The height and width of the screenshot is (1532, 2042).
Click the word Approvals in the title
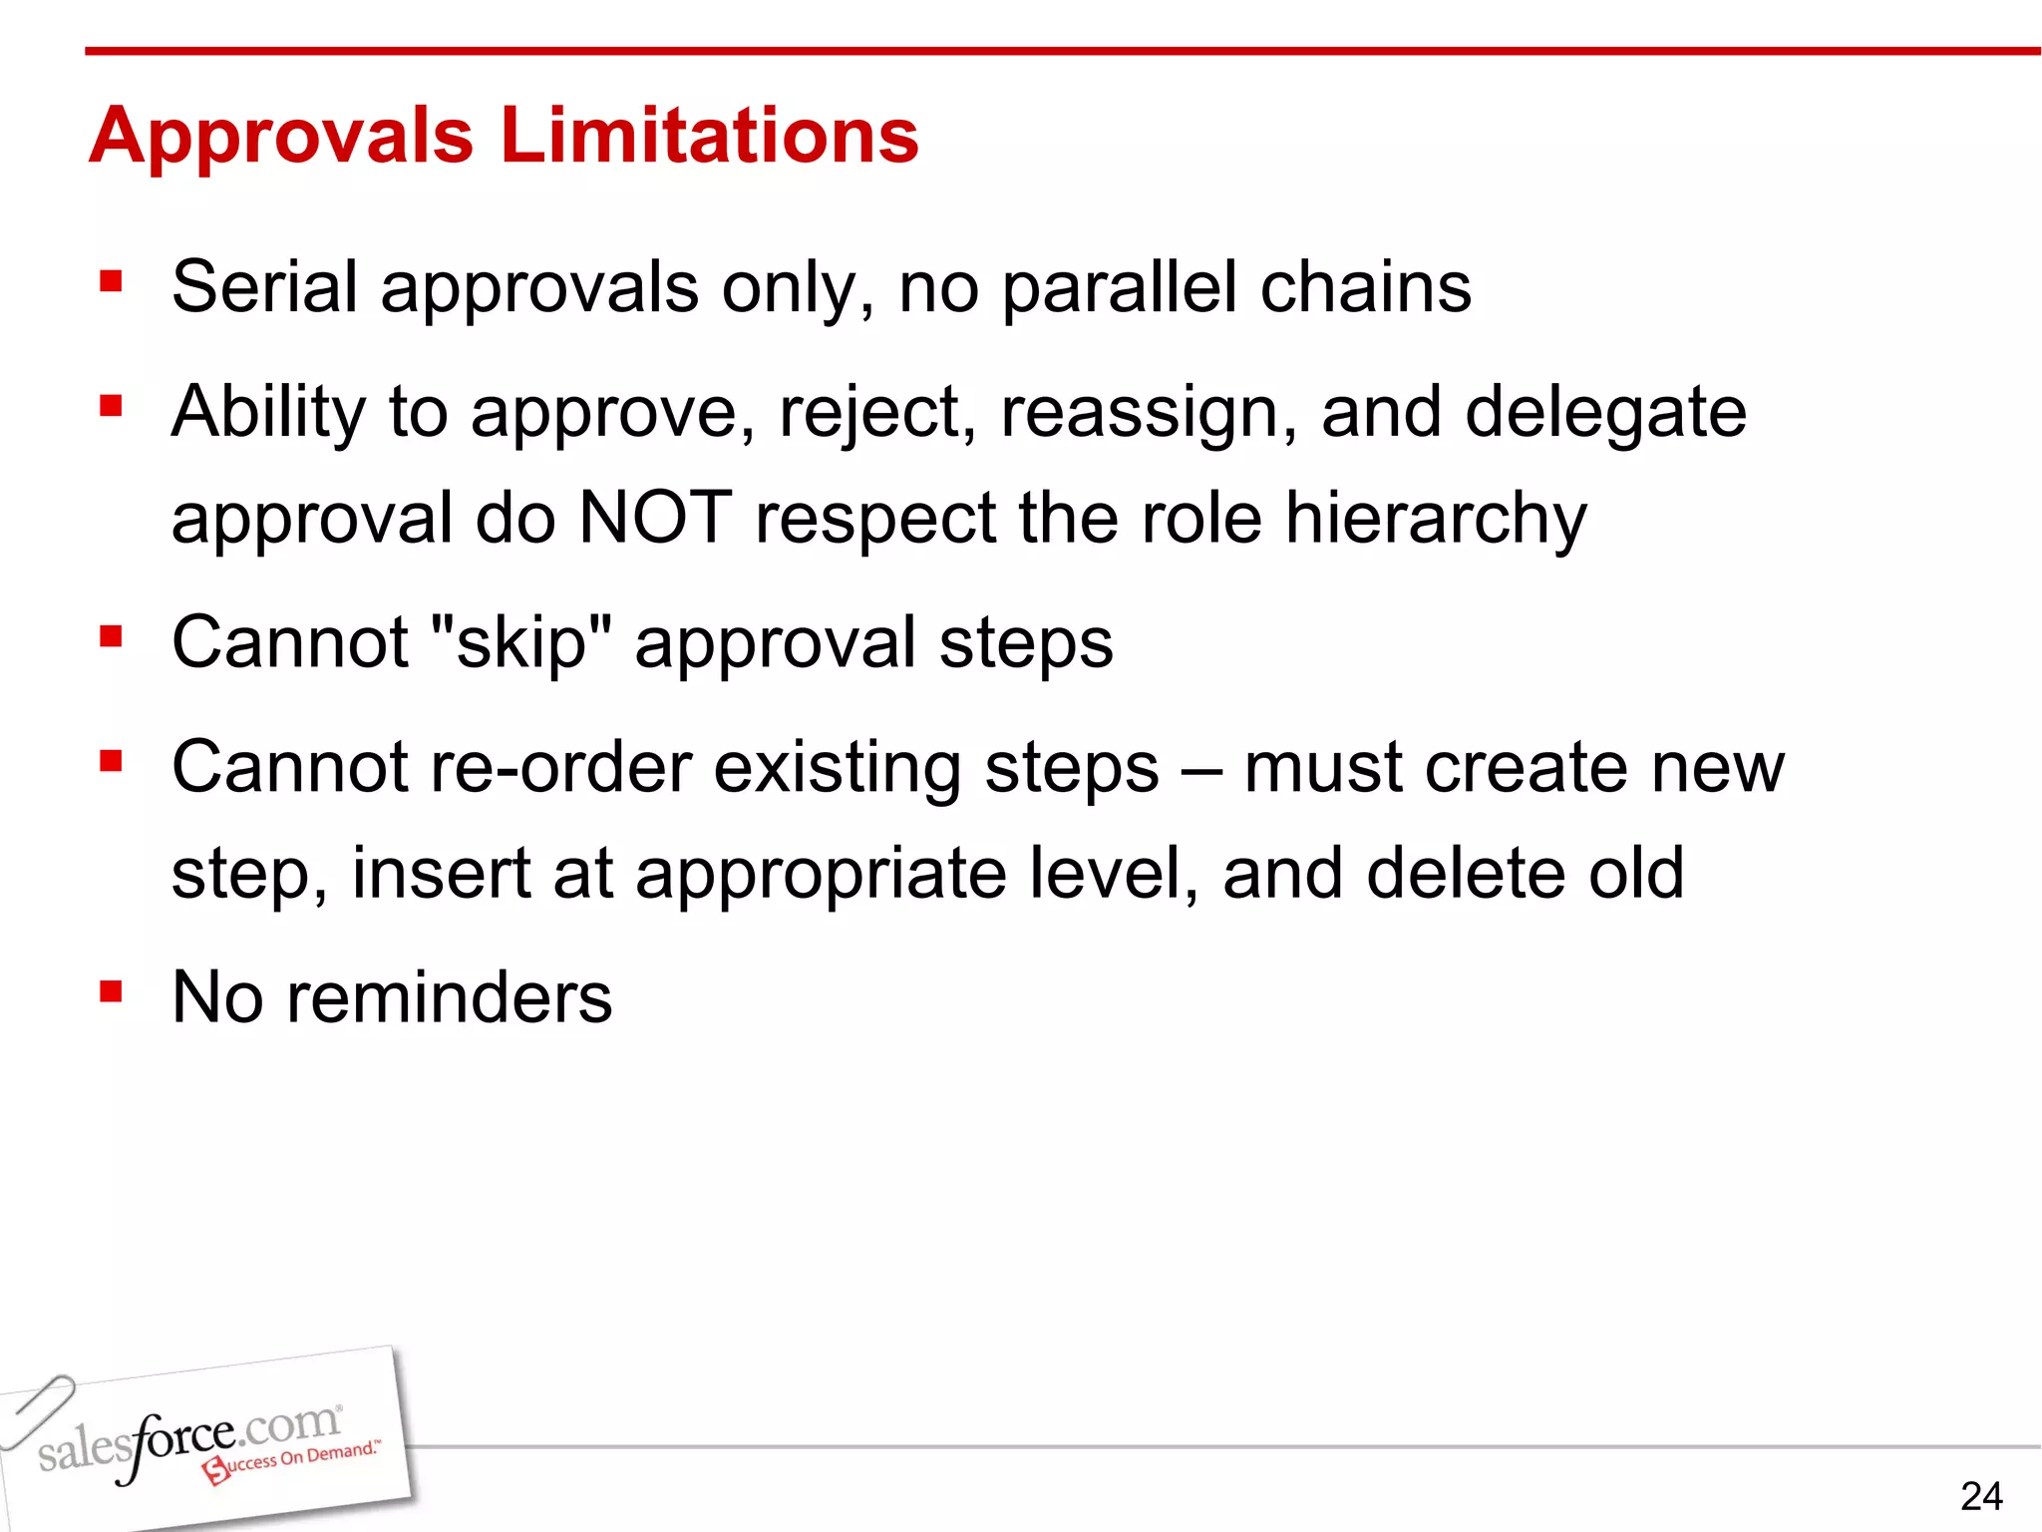pos(281,137)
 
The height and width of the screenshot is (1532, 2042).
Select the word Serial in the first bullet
pos(264,287)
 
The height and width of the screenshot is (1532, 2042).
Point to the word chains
pos(1365,287)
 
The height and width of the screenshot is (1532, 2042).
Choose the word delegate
pos(1605,413)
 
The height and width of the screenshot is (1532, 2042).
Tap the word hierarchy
pos(1435,520)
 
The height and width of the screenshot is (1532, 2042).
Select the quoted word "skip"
pos(521,643)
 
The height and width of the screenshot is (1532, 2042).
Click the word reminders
pos(450,997)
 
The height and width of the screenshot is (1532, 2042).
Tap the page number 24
pos(1980,1496)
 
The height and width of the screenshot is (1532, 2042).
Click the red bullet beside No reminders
pos(111,990)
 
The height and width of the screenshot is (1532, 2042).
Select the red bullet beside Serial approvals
pos(111,281)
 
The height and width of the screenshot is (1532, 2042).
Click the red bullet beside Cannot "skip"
pos(111,636)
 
